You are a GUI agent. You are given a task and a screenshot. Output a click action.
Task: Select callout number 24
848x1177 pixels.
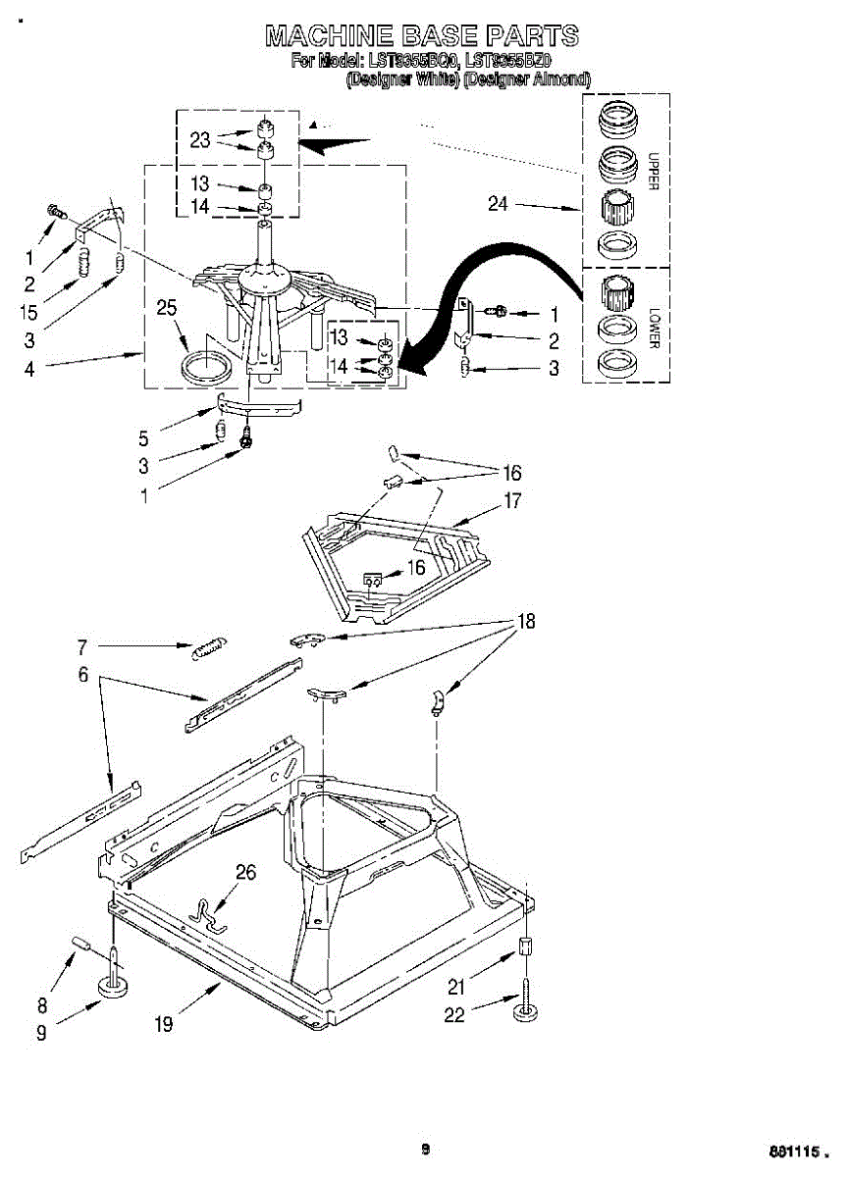499,204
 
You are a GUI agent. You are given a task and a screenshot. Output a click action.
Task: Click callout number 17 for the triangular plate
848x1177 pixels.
512,501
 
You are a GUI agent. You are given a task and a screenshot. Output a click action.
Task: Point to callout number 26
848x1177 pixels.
245,872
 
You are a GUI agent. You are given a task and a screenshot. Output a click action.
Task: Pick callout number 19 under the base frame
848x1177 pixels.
163,1024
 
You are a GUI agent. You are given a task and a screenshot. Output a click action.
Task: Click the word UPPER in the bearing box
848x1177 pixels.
654,173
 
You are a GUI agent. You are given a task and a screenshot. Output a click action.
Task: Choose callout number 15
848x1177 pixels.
29,312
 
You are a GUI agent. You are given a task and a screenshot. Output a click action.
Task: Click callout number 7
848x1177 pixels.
82,646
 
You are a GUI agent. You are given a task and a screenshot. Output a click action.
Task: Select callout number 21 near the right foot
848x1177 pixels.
457,987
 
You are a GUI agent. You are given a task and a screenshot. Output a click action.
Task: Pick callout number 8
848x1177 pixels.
41,1004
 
